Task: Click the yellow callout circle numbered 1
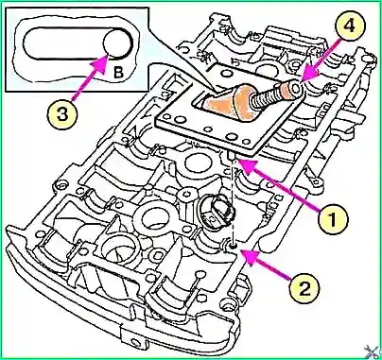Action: [333, 220]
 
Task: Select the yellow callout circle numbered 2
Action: [304, 288]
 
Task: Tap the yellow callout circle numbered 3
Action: [62, 114]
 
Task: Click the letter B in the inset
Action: [118, 73]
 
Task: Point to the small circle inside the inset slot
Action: [115, 43]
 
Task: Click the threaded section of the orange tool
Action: [266, 96]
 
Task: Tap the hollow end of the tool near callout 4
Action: [296, 89]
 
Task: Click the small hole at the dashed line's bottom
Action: [233, 246]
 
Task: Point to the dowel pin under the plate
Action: [231, 156]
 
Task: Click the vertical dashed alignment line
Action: [232, 201]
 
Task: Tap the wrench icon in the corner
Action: [372, 351]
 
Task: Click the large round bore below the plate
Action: [198, 162]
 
